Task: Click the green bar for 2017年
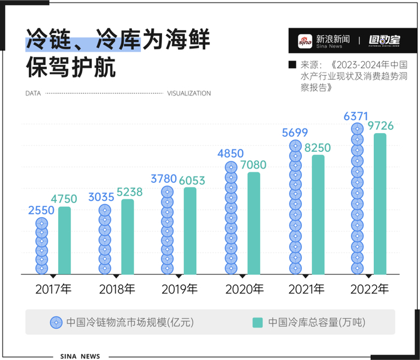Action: (64, 241)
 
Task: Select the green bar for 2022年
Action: (380, 204)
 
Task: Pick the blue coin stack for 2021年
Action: (295, 208)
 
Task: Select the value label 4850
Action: (230, 154)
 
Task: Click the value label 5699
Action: (294, 133)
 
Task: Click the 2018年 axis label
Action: (116, 289)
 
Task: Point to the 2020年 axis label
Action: (244, 289)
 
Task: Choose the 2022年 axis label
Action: (370, 289)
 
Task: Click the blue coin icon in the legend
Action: (56, 322)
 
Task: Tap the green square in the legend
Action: (257, 322)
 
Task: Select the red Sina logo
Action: (306, 40)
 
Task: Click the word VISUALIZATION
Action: (188, 94)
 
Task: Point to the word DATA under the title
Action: (34, 94)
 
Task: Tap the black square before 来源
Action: (293, 64)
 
